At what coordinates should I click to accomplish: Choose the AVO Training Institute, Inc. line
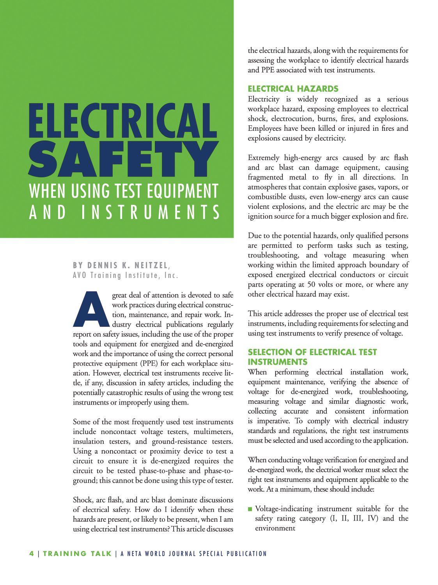pyautogui.click(x=126, y=275)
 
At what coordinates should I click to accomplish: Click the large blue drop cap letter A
pyautogui.click(x=91, y=309)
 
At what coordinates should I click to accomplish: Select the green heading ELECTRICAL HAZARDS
pyautogui.click(x=293, y=89)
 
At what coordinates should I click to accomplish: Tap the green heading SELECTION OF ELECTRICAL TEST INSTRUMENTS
pyautogui.click(x=312, y=357)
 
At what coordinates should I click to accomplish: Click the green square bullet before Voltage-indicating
pyautogui.click(x=250, y=509)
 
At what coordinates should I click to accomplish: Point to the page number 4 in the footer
pyautogui.click(x=32, y=553)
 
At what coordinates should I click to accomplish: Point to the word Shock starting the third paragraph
pyautogui.click(x=82, y=500)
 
